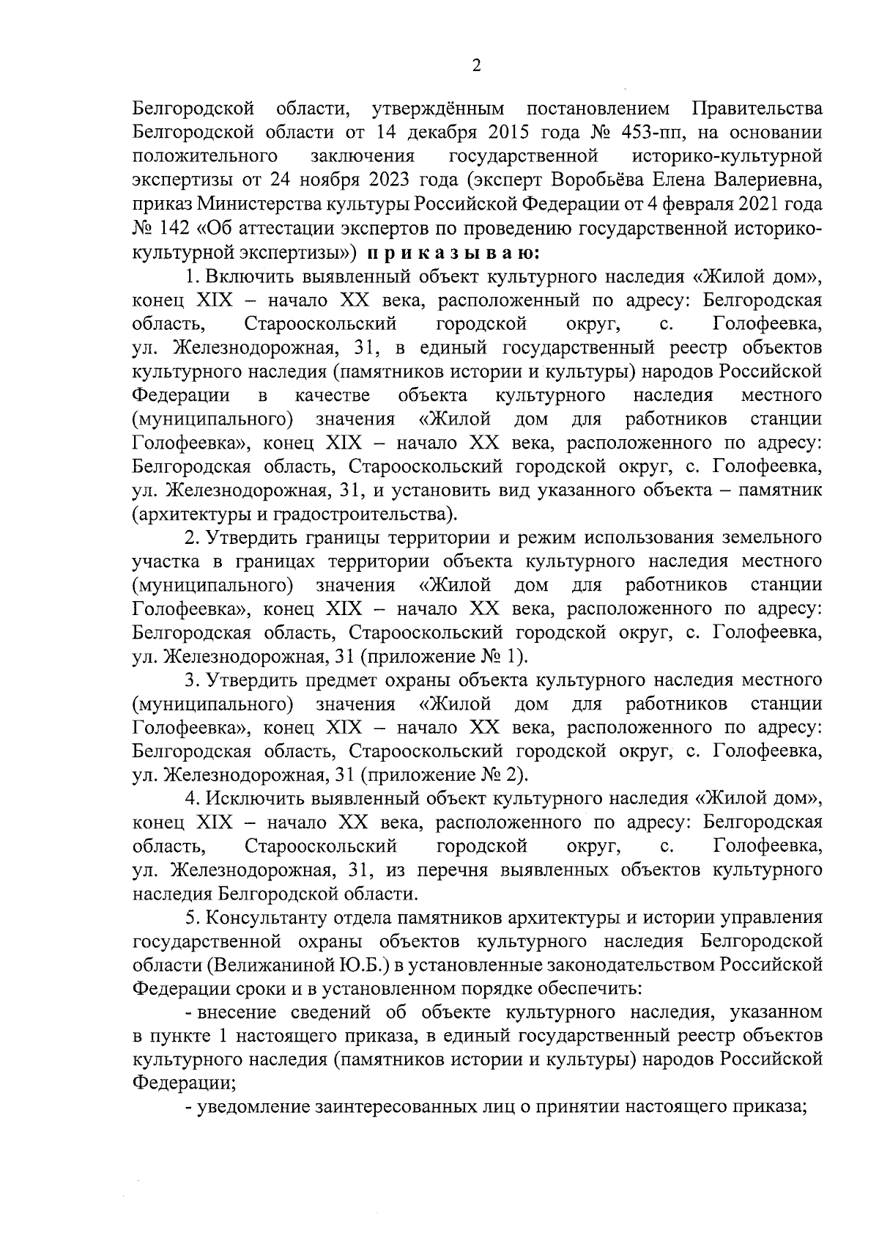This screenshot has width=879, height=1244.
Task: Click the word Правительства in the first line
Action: [756, 109]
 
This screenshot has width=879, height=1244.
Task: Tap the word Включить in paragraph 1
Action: [247, 276]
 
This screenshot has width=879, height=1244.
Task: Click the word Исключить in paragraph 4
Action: [254, 799]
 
